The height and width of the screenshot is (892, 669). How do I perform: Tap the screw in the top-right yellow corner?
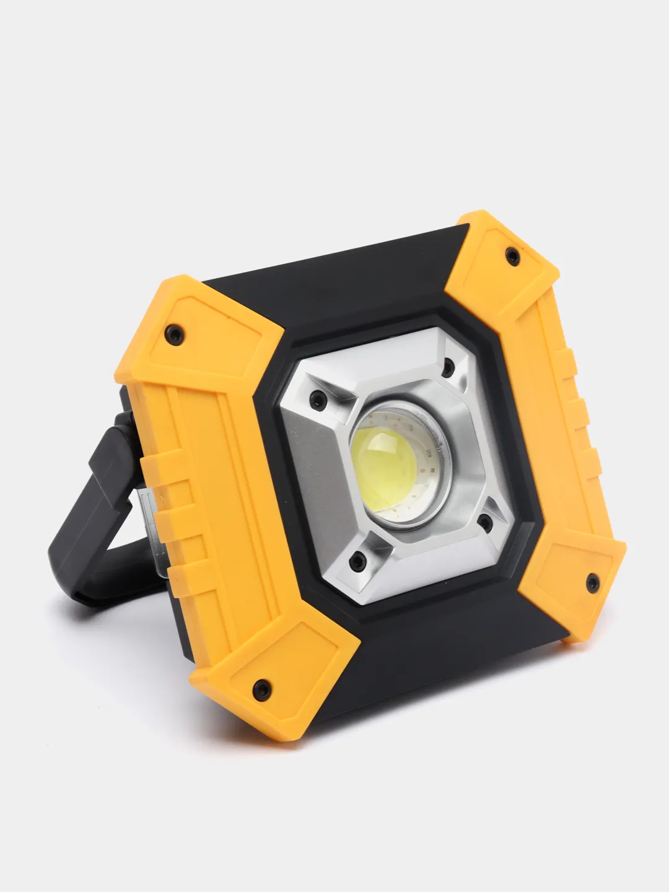(x=513, y=253)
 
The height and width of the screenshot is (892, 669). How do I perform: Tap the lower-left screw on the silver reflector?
(x=355, y=561)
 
